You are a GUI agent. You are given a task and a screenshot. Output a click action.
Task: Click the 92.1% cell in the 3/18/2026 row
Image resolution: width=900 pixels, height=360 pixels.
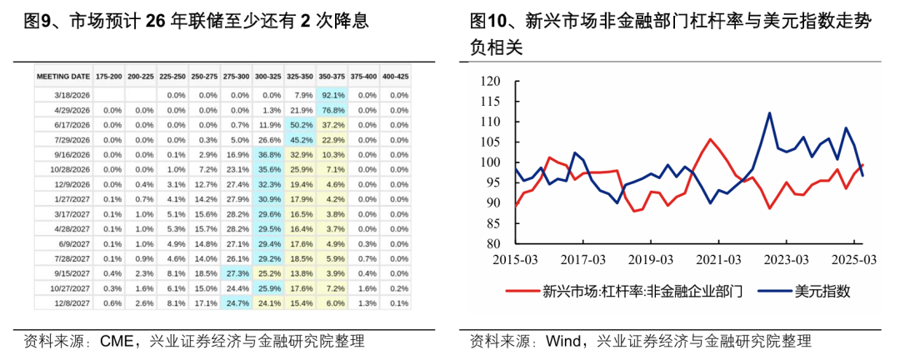[x=332, y=95]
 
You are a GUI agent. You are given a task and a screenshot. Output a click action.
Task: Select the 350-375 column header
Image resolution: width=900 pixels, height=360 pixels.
[x=332, y=76]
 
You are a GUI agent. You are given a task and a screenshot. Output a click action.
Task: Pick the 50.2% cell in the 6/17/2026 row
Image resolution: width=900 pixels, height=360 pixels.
[x=300, y=124]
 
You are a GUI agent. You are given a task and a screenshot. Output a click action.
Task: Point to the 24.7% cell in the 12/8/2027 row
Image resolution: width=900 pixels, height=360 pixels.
[x=237, y=303]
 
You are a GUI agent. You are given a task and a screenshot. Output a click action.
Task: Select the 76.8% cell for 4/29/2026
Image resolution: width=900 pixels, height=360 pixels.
[x=332, y=109]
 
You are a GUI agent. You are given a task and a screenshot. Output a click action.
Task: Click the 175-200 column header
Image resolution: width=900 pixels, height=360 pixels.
[x=108, y=76]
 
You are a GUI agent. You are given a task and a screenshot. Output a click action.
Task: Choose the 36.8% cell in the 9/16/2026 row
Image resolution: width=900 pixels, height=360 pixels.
[x=268, y=155]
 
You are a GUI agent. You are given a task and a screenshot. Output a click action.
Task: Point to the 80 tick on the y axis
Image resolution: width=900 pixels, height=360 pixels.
[x=492, y=244]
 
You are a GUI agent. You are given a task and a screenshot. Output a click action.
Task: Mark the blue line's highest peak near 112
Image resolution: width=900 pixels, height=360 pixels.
[x=768, y=113]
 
